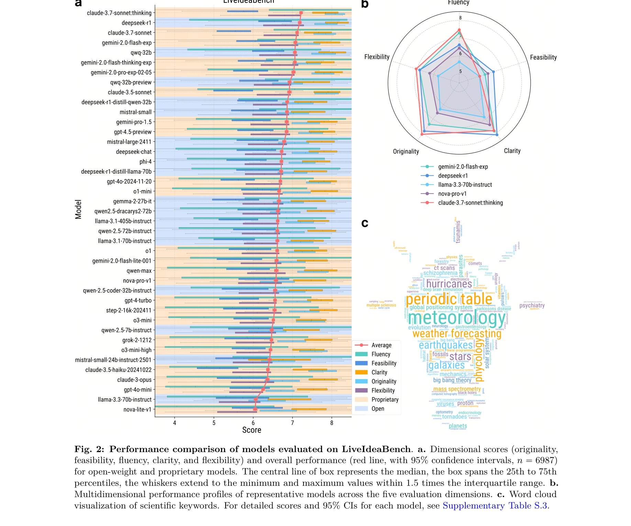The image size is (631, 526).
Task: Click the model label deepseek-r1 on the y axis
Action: pyautogui.click(x=136, y=23)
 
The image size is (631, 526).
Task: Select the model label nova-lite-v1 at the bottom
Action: pyautogui.click(x=137, y=409)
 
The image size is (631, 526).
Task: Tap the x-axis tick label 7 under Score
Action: pyautogui.click(x=292, y=423)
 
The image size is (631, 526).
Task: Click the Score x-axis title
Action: pyautogui.click(x=252, y=430)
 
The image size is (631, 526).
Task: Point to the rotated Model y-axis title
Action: pyautogui.click(x=78, y=209)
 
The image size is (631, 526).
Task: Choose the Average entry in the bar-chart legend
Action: pyautogui.click(x=381, y=345)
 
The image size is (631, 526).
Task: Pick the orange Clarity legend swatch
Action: pyautogui.click(x=361, y=372)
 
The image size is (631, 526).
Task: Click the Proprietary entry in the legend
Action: pyautogui.click(x=385, y=399)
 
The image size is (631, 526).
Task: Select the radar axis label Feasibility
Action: pyautogui.click(x=543, y=57)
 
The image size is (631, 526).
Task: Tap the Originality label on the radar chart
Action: pyautogui.click(x=406, y=152)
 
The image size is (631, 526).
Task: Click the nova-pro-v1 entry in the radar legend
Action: pyautogui.click(x=452, y=194)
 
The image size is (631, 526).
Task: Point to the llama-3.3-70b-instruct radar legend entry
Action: pyautogui.click(x=465, y=185)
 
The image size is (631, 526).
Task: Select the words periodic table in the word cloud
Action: pyautogui.click(x=449, y=299)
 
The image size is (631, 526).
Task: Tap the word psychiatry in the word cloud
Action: pyautogui.click(x=532, y=305)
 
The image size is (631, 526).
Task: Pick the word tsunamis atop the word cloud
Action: pyautogui.click(x=458, y=232)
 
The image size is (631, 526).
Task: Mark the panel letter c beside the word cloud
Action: pyautogui.click(x=365, y=223)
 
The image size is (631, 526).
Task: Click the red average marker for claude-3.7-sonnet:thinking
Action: pyautogui.click(x=301, y=13)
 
